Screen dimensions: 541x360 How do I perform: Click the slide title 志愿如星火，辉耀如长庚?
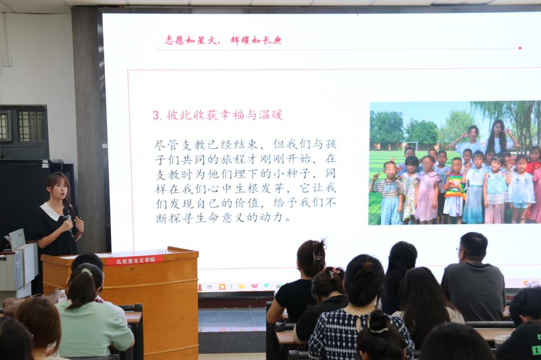point(223,40)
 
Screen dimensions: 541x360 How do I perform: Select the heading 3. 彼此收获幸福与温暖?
point(218,115)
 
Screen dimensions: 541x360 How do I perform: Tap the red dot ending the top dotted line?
point(520,48)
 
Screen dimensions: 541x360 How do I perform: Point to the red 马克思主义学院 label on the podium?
point(135,260)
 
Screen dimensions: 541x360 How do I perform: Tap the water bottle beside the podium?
point(62,296)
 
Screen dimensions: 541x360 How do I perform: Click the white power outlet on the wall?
point(7,62)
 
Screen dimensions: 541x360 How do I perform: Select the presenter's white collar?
point(50,211)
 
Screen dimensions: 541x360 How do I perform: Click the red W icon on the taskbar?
point(254,286)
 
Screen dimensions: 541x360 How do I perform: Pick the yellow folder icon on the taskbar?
point(241,286)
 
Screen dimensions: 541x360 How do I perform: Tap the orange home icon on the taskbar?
point(222,287)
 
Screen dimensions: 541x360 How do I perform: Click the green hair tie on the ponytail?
point(87,272)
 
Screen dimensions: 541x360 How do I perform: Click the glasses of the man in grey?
point(459,250)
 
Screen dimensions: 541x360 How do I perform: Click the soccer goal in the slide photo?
point(410,146)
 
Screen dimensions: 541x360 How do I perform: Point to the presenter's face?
point(59,191)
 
